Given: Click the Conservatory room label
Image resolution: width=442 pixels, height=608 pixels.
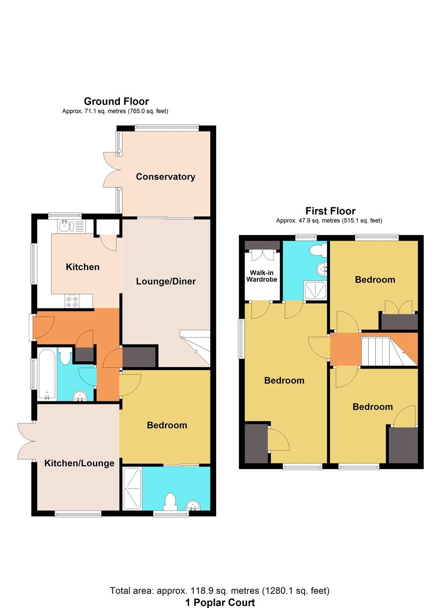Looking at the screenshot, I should click(165, 177).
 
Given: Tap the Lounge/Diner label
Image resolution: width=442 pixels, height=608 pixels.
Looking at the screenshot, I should click(166, 281).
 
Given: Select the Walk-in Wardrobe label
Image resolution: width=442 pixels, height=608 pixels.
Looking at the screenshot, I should click(262, 276).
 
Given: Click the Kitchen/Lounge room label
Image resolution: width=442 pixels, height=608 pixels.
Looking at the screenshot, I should click(79, 463).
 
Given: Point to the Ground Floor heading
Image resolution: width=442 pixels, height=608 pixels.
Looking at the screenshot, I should click(116, 101).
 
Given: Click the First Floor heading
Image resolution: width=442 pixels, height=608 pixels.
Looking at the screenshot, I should click(330, 211).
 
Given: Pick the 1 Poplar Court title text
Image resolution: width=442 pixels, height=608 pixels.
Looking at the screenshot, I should click(220, 602).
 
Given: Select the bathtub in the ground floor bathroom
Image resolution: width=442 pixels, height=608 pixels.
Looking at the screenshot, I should click(47, 374).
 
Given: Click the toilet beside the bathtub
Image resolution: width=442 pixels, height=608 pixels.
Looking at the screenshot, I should click(65, 356).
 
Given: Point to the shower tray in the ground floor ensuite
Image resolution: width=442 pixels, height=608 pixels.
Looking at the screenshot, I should click(132, 488).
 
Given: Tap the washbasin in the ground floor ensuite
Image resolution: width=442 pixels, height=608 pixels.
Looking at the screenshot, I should click(193, 505).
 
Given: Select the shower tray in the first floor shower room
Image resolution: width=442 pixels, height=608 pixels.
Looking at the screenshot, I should click(315, 290).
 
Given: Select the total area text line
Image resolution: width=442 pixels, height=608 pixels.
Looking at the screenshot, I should click(220, 591).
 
